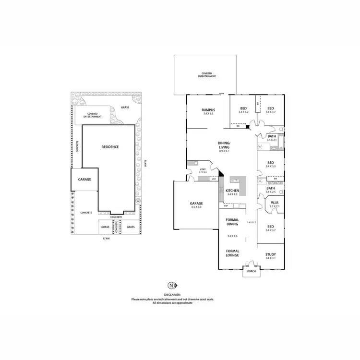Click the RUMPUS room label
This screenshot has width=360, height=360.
pos(208,110)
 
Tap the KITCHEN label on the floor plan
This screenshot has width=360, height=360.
pos(232,191)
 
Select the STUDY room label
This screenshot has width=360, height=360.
pos(271,254)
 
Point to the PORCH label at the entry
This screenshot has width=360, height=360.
pos(251,271)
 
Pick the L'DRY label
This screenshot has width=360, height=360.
pos(203,170)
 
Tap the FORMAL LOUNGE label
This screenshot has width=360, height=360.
pos(232,253)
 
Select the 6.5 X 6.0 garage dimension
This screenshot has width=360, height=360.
pos(196,207)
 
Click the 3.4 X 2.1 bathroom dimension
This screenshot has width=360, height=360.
pos(272,140)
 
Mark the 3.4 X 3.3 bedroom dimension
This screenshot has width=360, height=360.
pos(271,166)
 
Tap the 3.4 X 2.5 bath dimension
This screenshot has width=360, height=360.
pos(271,192)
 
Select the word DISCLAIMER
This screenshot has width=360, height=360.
pos(172,295)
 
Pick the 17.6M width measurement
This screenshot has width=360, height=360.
pos(106,238)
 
